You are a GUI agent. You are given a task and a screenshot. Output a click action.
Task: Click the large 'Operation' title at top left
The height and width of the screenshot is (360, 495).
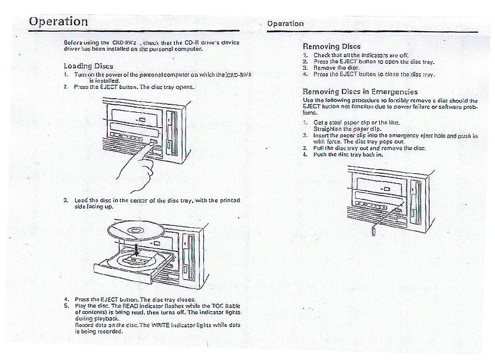58,21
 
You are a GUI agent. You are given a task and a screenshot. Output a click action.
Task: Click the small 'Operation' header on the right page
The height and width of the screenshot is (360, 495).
285,23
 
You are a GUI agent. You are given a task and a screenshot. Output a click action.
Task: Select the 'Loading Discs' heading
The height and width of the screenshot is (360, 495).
88,66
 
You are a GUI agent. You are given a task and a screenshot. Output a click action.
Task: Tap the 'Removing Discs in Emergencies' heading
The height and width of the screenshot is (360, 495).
360,92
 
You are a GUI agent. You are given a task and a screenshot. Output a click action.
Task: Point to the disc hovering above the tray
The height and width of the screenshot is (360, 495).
135,231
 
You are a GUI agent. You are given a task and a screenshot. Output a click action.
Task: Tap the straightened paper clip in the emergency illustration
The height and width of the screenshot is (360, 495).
376,224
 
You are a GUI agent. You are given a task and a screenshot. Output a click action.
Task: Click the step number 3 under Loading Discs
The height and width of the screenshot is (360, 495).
66,201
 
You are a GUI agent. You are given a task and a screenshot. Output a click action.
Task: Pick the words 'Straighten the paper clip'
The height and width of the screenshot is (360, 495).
347,129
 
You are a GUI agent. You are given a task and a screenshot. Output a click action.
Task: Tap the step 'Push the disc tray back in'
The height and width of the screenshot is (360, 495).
348,154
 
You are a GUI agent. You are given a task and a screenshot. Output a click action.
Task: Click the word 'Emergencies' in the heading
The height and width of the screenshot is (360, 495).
394,92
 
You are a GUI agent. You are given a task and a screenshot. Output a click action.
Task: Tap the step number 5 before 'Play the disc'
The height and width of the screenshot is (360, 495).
66,306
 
